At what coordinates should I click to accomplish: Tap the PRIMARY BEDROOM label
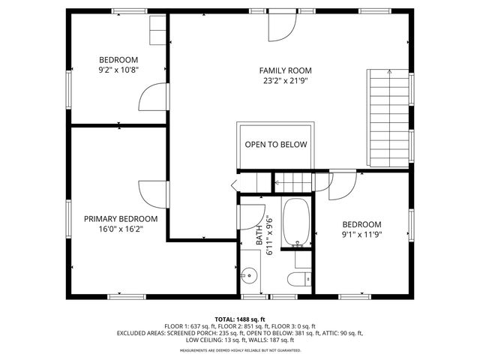121,219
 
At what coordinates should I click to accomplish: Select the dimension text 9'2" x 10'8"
118,70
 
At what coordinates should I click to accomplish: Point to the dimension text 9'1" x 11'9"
361,235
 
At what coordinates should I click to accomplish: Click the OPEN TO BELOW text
275,145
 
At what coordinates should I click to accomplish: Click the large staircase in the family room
389,118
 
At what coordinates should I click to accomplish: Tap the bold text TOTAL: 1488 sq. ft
239,319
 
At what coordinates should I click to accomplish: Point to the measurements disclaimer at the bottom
239,350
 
